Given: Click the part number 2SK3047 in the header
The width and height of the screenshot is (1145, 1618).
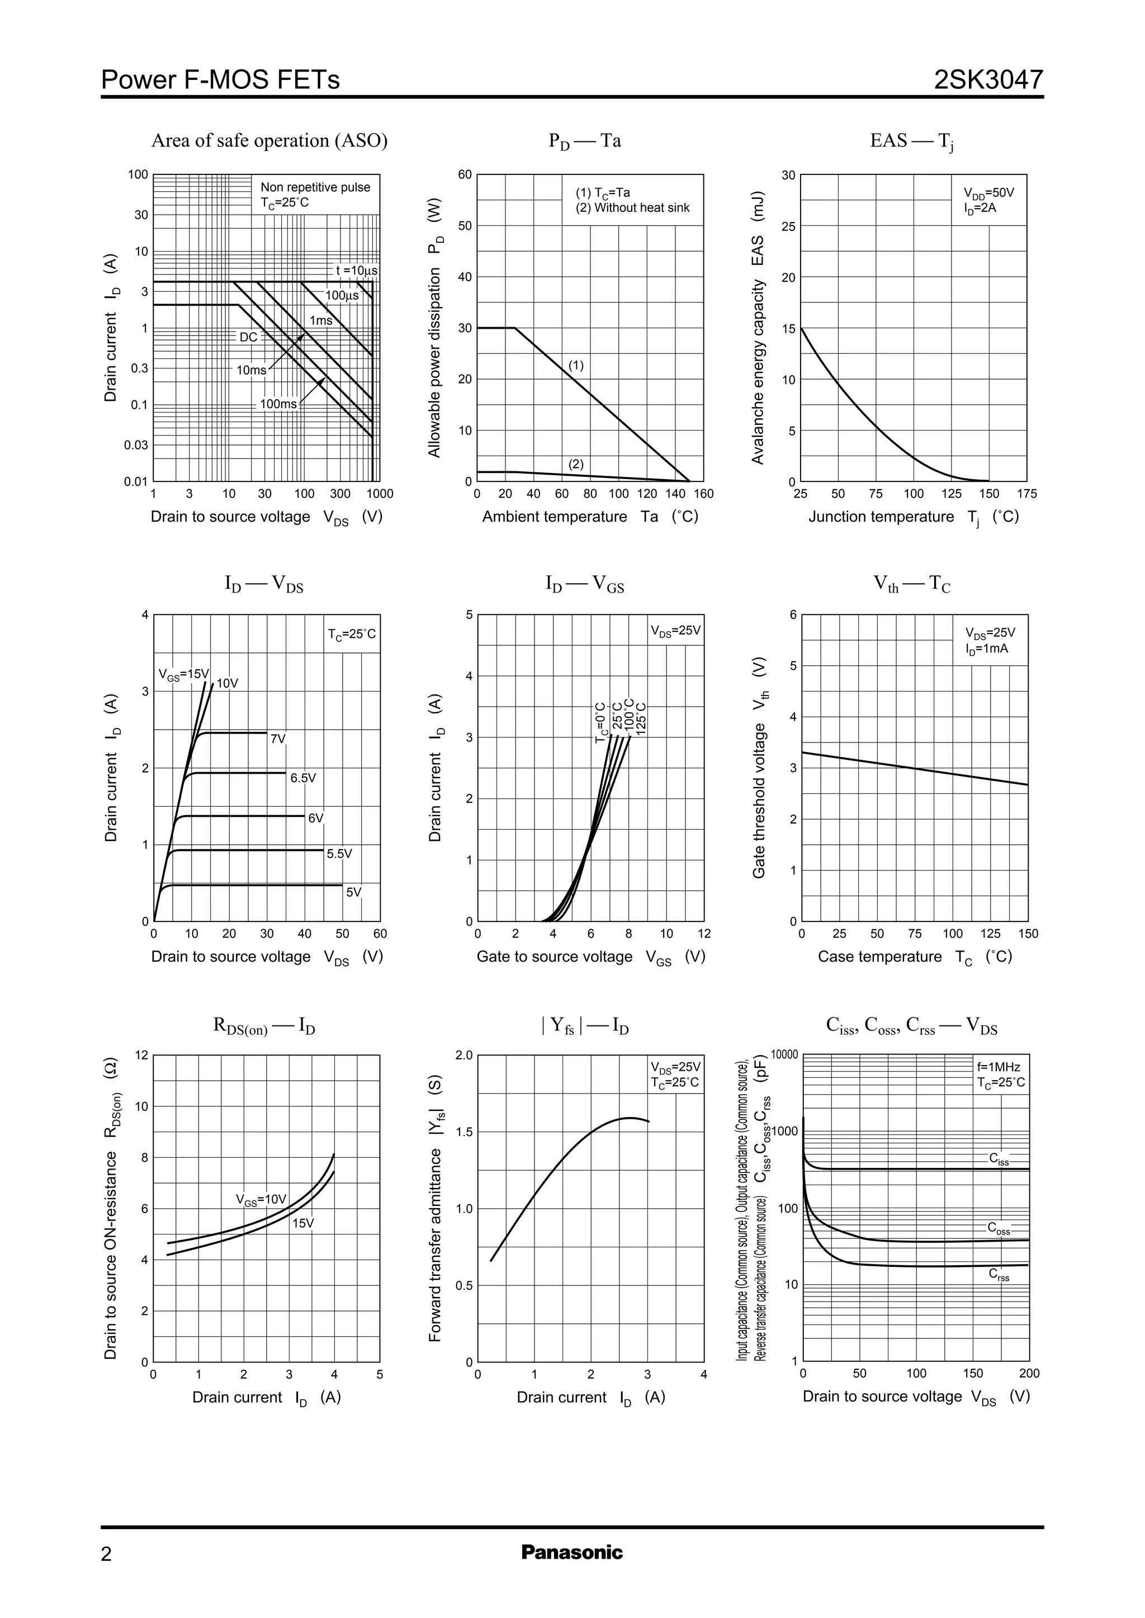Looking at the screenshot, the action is pyautogui.click(x=988, y=79).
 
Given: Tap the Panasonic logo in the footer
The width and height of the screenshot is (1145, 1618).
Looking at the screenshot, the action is pyautogui.click(x=572, y=1551).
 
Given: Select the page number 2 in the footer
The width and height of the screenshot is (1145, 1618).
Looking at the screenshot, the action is pyautogui.click(x=106, y=1554).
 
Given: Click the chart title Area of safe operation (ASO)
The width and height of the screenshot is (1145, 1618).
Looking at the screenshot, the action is pyautogui.click(x=269, y=140).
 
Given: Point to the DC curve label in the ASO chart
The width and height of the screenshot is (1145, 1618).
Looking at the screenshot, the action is pyautogui.click(x=249, y=337).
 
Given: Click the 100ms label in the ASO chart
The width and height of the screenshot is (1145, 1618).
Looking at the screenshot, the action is pyautogui.click(x=278, y=404).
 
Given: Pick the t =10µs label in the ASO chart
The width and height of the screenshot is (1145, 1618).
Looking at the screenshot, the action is pyautogui.click(x=357, y=270).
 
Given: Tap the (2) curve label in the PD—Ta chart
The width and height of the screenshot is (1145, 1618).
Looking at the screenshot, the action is pyautogui.click(x=576, y=464).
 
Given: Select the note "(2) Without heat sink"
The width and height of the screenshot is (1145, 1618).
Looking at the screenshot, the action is pyautogui.click(x=632, y=208).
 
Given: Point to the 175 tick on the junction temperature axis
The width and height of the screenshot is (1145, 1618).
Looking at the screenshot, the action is pyautogui.click(x=1027, y=494).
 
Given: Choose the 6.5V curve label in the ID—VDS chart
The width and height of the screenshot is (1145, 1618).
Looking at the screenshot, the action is pyautogui.click(x=303, y=778).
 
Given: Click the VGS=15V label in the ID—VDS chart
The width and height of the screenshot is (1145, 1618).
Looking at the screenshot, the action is pyautogui.click(x=183, y=675).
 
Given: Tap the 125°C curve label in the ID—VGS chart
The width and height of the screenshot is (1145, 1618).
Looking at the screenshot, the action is pyautogui.click(x=641, y=718).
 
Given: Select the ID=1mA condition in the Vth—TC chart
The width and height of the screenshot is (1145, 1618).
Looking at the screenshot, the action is pyautogui.click(x=987, y=649).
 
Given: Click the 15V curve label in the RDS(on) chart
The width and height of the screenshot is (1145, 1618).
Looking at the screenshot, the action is pyautogui.click(x=303, y=1223).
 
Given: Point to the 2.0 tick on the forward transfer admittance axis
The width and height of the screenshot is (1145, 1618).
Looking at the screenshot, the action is pyautogui.click(x=464, y=1056).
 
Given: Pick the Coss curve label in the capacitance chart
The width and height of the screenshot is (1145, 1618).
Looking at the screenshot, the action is pyautogui.click(x=999, y=1229).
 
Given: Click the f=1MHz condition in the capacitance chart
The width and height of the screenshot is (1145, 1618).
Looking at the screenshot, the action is pyautogui.click(x=993, y=1067).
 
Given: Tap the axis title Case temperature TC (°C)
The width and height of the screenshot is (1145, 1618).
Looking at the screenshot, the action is pyautogui.click(x=915, y=957).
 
